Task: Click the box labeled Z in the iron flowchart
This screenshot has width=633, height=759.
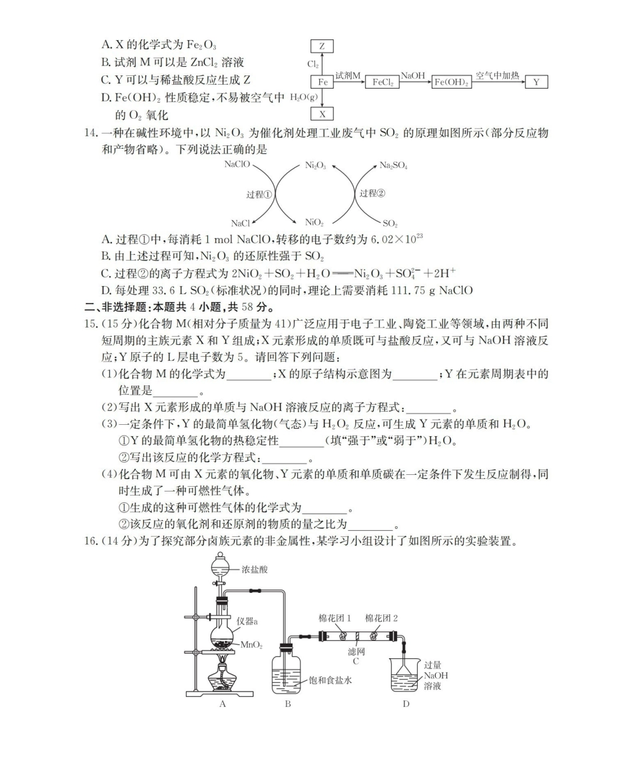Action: (322, 46)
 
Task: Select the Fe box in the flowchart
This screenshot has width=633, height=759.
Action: (322, 82)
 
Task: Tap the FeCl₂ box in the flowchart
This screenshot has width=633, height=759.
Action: (382, 82)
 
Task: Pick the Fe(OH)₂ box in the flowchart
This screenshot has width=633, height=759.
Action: (451, 82)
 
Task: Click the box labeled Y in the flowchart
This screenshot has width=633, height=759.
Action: (536, 82)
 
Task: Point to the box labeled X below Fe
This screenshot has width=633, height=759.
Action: (322, 114)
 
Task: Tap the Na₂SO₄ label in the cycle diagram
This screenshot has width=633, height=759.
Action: (393, 165)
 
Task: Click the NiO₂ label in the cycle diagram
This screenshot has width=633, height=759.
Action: (315, 222)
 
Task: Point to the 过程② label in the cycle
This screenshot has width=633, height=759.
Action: (372, 193)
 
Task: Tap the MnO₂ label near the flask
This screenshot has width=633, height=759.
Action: (250, 646)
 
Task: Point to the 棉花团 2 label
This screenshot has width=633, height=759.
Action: (382, 618)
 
